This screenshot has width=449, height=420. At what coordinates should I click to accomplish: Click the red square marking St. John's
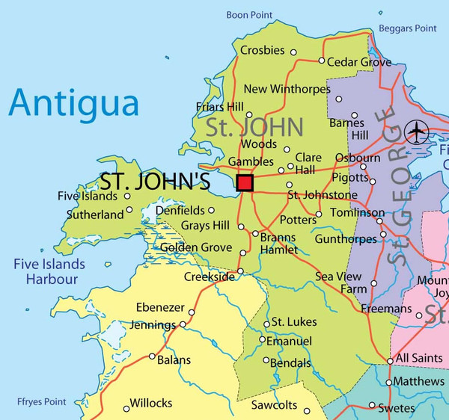pyautogui.click(x=245, y=182)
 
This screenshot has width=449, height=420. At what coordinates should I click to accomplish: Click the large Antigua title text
pyautogui.click(x=74, y=102)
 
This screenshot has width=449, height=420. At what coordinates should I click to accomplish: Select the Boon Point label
pyautogui.click(x=249, y=15)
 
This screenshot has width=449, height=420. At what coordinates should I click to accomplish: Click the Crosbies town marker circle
pyautogui.click(x=293, y=52)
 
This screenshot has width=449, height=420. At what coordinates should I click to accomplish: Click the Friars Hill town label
pyautogui.click(x=220, y=108)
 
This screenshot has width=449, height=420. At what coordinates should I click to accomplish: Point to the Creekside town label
pyautogui.click(x=209, y=277)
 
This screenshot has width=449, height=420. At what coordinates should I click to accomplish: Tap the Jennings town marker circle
pyautogui.click(x=183, y=325)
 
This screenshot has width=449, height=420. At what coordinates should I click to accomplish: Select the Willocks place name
pyautogui.click(x=151, y=404)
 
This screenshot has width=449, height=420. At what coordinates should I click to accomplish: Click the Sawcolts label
pyautogui.click(x=274, y=406)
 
